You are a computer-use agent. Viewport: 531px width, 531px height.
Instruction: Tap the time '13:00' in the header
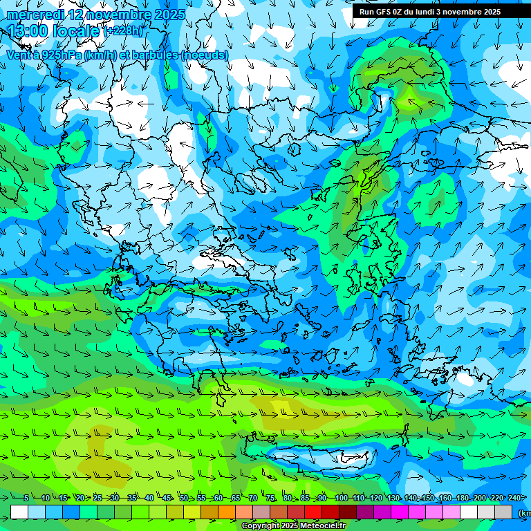coord(28,31)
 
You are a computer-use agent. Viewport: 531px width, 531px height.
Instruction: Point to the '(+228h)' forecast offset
coord(123,31)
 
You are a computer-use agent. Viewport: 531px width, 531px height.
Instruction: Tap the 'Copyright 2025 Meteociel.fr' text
coord(294,526)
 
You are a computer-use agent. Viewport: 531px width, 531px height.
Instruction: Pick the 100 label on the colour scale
coord(340,499)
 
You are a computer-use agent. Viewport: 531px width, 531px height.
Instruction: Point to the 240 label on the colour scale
coord(514,499)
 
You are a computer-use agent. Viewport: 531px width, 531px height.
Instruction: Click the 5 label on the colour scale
coord(26,499)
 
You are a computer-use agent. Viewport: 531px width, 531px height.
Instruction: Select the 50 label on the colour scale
coord(183,499)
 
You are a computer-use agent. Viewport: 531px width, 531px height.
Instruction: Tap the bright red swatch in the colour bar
coord(314,512)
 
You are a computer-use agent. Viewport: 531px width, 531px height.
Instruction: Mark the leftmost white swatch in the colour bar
coord(19,512)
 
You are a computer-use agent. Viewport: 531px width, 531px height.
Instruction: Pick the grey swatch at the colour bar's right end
coord(504,512)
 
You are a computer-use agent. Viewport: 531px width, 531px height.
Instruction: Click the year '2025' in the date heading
coord(170,15)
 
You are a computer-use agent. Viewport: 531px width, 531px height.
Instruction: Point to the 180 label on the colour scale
coord(462,499)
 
